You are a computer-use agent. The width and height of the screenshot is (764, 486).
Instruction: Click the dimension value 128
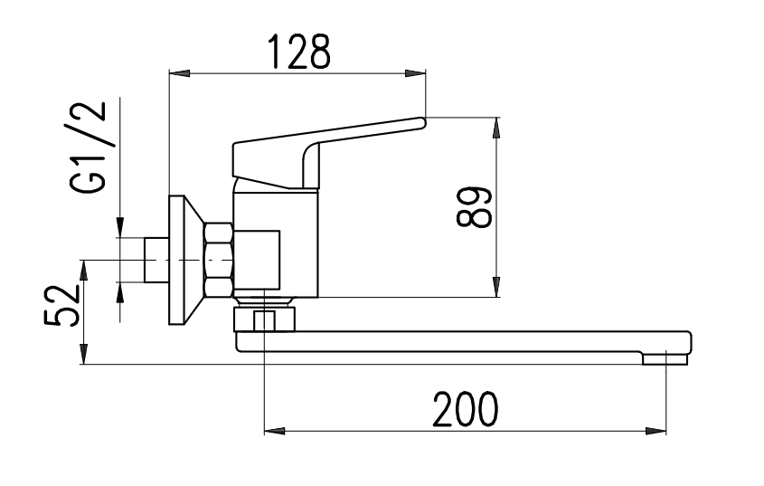point(299,52)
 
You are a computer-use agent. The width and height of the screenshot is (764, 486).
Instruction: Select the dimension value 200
point(466,409)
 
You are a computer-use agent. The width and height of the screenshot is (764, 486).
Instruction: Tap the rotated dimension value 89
point(474,207)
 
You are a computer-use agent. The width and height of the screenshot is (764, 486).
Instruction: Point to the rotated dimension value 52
point(61,306)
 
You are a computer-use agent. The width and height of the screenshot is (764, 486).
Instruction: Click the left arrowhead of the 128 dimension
point(179,73)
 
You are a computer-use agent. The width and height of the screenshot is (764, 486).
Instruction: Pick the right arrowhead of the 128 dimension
point(415,73)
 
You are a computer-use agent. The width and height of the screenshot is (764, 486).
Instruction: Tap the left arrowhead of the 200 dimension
point(274,432)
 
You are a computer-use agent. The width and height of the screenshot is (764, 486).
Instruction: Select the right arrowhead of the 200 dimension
point(656,432)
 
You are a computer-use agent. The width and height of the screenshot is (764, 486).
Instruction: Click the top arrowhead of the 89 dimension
point(496,128)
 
